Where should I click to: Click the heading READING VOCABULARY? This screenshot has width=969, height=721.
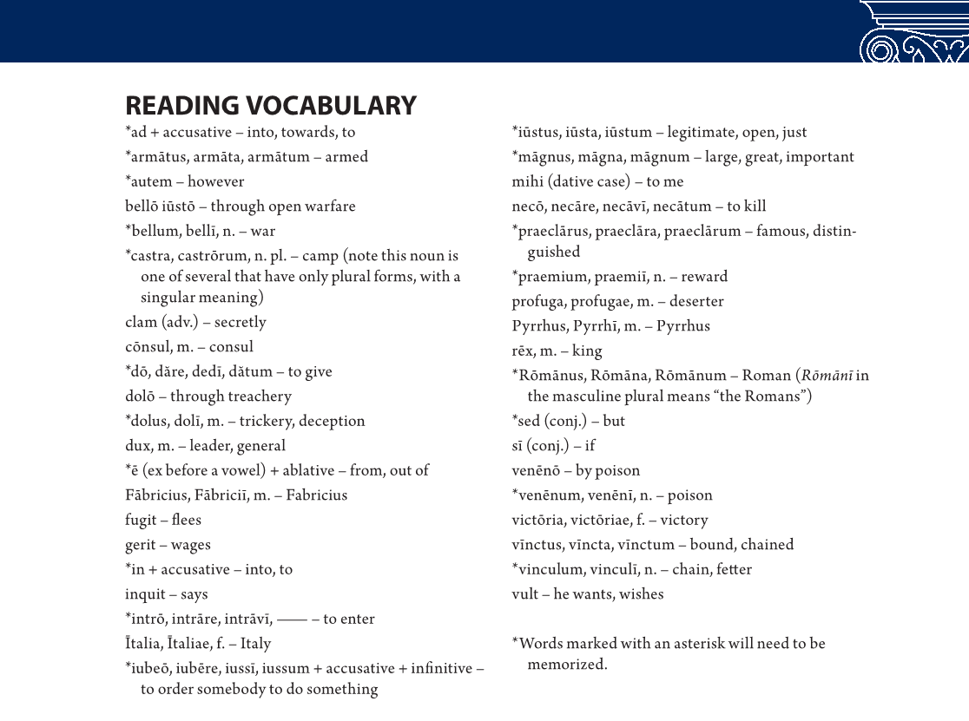point(271,106)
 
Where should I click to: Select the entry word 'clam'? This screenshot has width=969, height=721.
point(141,322)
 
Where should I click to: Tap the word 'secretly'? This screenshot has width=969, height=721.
point(241,322)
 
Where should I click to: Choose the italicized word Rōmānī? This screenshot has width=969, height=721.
point(827,376)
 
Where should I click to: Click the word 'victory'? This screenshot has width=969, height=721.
point(684,521)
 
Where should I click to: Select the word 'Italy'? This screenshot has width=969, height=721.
point(256,644)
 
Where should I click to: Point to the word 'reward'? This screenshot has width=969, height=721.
point(704,277)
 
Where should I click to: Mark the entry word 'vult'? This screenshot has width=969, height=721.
point(525,594)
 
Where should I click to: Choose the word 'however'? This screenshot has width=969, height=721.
point(216,182)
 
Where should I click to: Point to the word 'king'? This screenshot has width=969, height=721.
point(587,351)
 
